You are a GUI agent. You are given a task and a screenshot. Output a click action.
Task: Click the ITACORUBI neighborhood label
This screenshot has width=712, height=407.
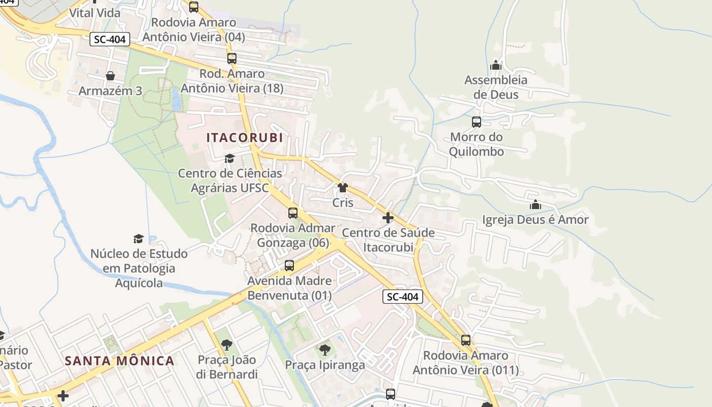pos(245,138)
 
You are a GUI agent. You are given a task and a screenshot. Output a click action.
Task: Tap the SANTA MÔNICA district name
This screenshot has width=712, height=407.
pos(120,361)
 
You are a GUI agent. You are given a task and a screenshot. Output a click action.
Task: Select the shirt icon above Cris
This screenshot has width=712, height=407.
pos(343,188)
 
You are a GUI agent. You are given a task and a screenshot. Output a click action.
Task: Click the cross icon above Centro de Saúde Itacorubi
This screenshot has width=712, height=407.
pos(388,218)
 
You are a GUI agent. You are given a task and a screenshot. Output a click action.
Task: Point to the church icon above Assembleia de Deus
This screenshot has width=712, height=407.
pos(496,65)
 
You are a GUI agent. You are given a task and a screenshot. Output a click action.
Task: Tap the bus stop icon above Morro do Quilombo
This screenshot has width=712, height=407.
pos(477,122)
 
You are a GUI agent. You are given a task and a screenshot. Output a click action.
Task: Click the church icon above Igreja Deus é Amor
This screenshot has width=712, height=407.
pos(535,205)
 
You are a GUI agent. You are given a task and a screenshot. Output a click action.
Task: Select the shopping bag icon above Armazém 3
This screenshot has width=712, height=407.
pos(110,76)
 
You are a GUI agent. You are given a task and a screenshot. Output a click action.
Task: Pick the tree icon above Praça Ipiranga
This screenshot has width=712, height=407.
pos(324,350)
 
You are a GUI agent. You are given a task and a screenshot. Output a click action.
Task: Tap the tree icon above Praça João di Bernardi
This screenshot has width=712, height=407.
pos(227,345)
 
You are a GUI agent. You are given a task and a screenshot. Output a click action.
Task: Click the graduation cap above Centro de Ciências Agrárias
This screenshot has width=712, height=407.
pos(230,158)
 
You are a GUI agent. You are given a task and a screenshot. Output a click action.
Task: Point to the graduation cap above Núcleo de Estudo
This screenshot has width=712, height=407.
pos(138,239)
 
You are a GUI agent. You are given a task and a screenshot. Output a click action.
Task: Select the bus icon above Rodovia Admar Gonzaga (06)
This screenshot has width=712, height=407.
pos(293,213)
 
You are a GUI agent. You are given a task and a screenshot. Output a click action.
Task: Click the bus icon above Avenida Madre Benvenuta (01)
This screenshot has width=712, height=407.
pos(289,266)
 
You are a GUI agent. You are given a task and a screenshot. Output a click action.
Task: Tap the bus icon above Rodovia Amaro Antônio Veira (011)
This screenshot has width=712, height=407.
pos(466,340)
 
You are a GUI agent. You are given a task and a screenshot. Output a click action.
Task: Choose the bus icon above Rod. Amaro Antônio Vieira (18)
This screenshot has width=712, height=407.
pos(232,59)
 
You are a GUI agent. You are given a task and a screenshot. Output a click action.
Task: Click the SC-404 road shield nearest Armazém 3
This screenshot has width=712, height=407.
pos(110,39)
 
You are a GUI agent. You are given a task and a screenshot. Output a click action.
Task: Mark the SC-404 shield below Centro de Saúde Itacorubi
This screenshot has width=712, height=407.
pos(403,297)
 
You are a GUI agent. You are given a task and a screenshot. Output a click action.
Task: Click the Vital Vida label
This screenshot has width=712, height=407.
pos(95,13)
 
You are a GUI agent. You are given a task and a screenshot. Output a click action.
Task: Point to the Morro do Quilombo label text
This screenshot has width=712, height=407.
pos(477,144)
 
